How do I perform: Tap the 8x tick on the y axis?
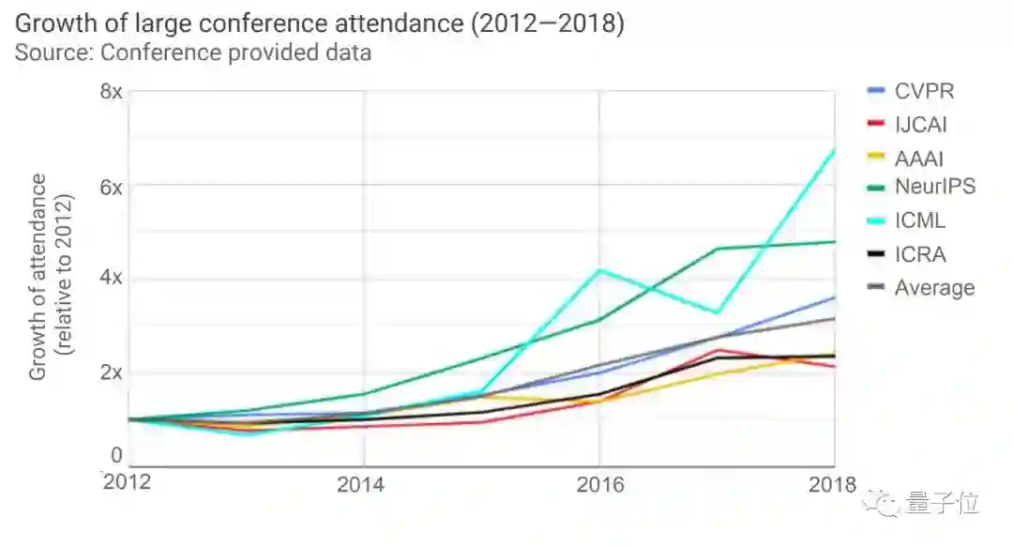point(112,91)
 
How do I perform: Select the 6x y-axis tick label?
point(112,186)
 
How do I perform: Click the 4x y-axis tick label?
point(112,279)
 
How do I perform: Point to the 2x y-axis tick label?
point(112,372)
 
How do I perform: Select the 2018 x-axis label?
point(832,484)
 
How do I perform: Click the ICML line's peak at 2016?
point(599,270)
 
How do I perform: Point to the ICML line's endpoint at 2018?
point(834,148)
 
